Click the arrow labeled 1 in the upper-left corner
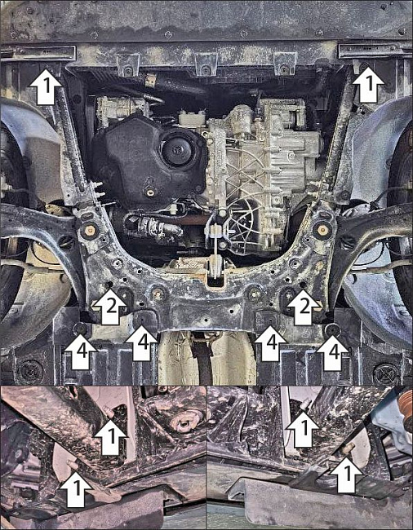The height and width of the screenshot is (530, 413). (x=47, y=86)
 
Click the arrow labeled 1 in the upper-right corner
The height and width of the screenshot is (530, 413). (x=368, y=85)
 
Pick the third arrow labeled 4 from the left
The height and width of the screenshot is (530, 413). (x=271, y=344)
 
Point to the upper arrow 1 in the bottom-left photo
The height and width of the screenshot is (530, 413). (x=111, y=438)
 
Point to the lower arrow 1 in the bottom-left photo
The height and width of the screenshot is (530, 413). (x=77, y=489)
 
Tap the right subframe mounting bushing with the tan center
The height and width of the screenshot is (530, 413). (x=322, y=229)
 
